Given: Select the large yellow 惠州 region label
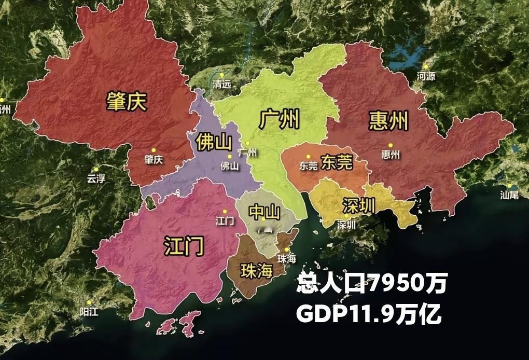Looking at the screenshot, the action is point(388,120).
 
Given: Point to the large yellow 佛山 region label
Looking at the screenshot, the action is point(213,141).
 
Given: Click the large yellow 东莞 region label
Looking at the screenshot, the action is point(337,162).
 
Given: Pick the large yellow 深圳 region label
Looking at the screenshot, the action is point(358,205).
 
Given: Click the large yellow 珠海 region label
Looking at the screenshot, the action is point(256,270).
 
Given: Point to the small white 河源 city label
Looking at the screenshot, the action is point(426,76).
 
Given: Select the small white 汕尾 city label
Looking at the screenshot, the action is point(509,195).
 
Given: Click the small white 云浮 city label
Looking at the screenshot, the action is point(96,178).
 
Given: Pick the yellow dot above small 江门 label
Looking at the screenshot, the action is point(225,211).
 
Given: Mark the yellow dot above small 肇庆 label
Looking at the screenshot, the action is point(154,150).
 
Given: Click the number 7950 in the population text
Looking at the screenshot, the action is point(400,283).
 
